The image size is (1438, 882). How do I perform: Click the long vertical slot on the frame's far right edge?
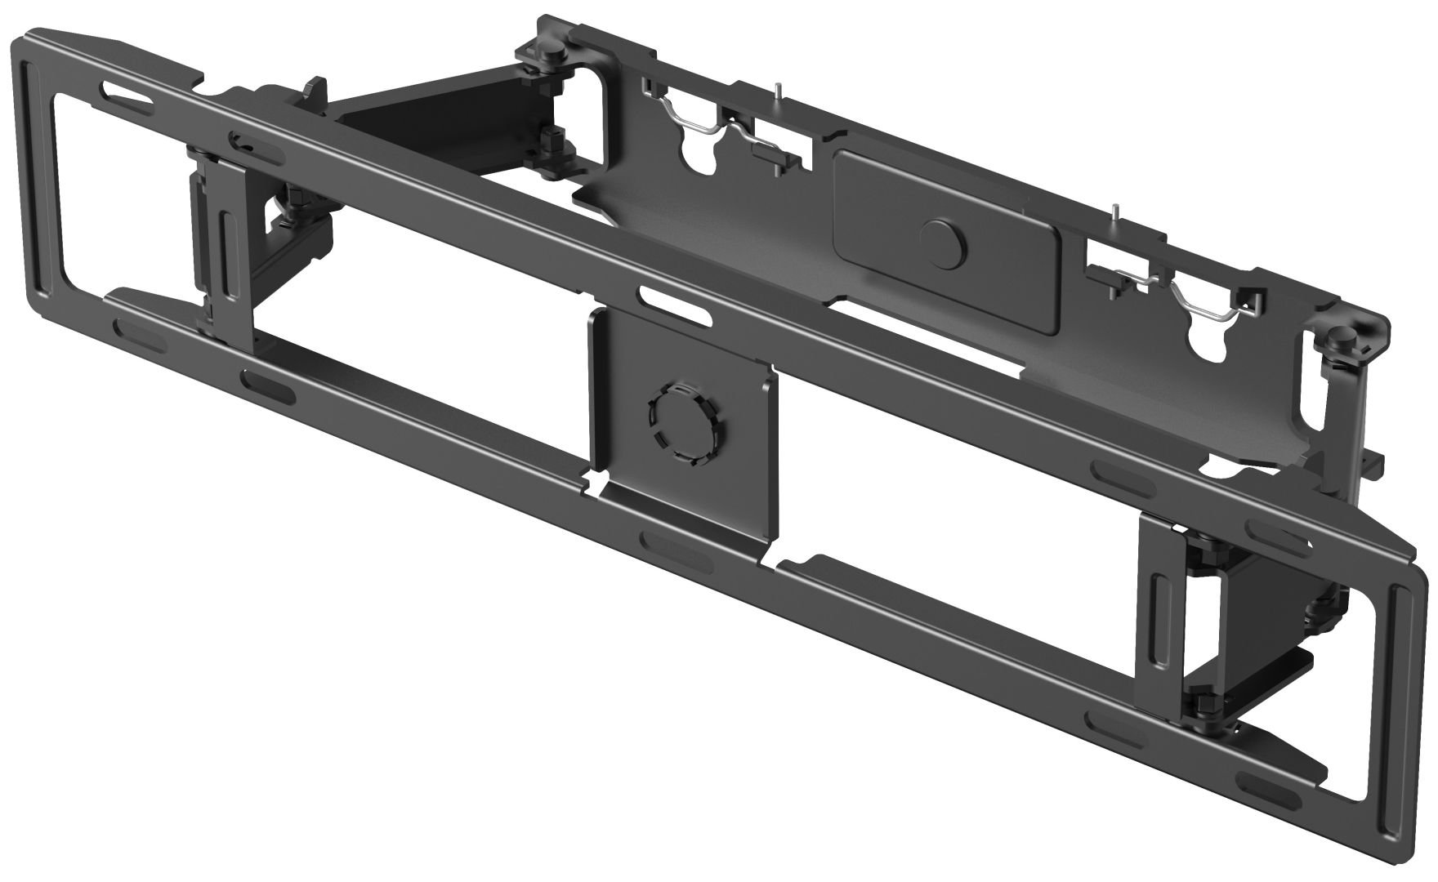pos(1399,653)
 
